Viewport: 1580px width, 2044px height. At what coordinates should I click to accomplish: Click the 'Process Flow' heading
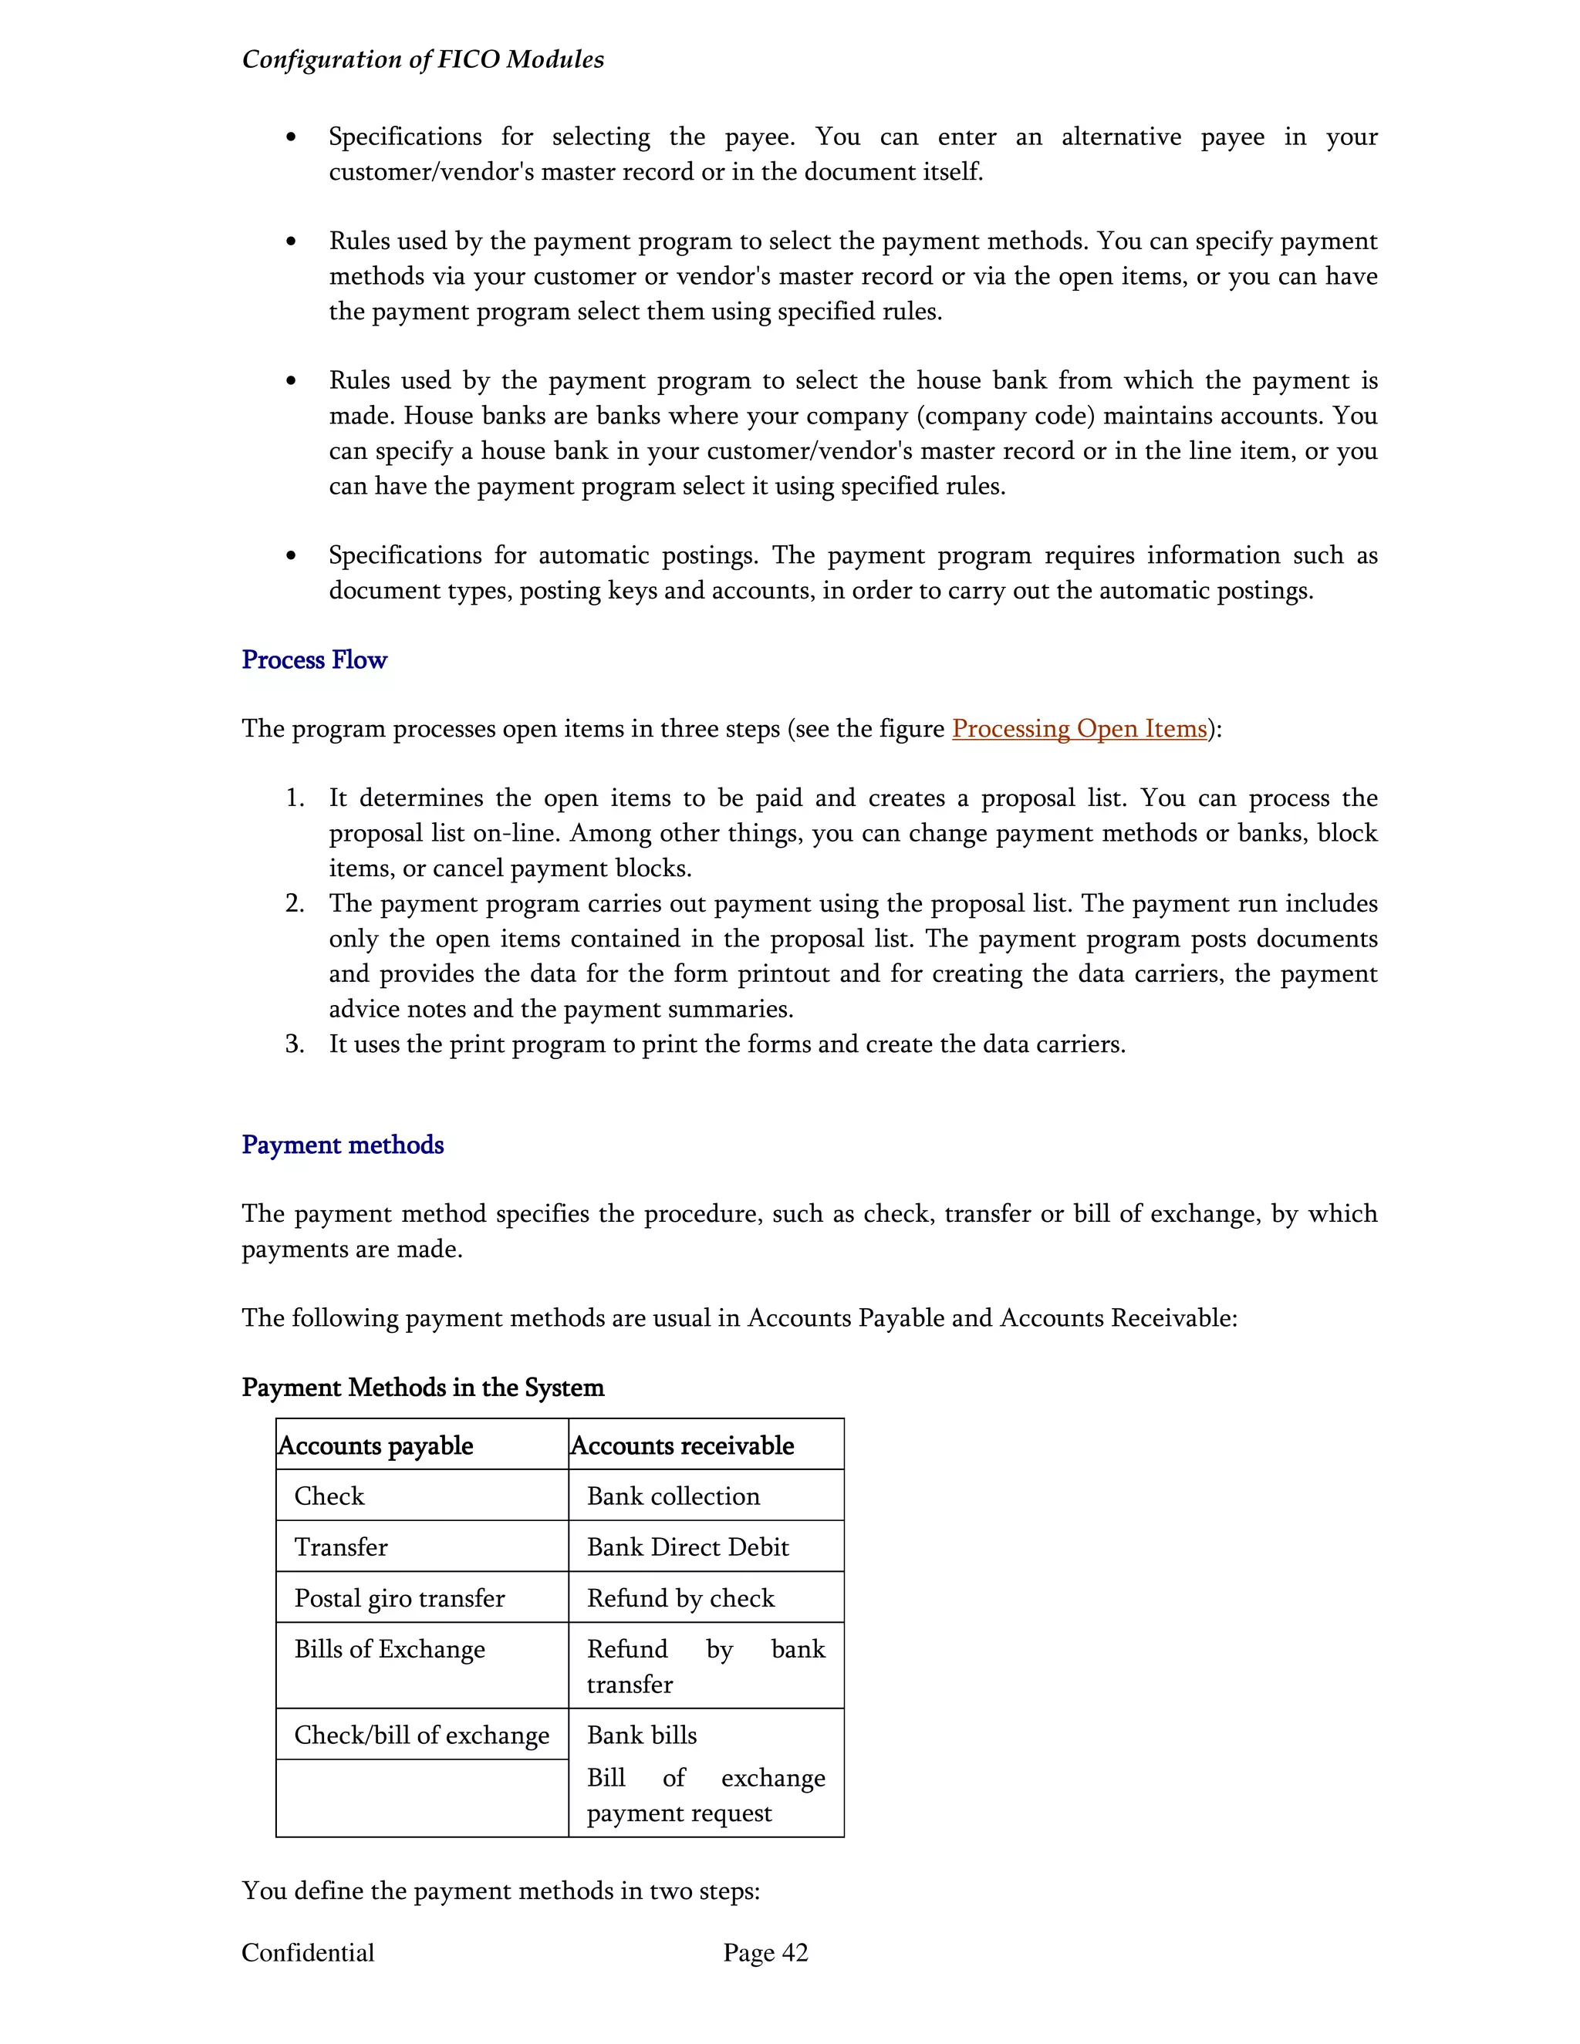pyautogui.click(x=313, y=659)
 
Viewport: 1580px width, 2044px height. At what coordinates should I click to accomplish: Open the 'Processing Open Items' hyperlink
pyautogui.click(x=1079, y=728)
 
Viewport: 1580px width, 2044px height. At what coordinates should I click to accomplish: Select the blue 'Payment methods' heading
pyautogui.click(x=343, y=1145)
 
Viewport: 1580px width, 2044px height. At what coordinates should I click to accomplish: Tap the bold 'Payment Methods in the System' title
pyautogui.click(x=422, y=1387)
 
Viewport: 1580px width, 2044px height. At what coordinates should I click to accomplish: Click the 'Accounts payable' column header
pyautogui.click(x=376, y=1446)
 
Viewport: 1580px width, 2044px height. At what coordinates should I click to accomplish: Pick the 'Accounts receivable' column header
pyautogui.click(x=681, y=1446)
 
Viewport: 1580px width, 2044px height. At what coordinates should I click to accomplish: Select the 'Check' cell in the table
pyautogui.click(x=329, y=1496)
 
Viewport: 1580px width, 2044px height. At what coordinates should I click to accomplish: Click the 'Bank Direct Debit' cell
pyautogui.click(x=687, y=1547)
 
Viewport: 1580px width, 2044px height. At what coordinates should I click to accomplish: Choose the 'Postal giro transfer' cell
pyautogui.click(x=399, y=1598)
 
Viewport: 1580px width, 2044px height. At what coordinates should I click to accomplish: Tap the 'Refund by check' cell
pyautogui.click(x=680, y=1598)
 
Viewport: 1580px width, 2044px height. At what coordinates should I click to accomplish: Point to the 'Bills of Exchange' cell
pyautogui.click(x=390, y=1649)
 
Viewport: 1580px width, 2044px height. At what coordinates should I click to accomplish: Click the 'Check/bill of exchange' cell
pyautogui.click(x=421, y=1735)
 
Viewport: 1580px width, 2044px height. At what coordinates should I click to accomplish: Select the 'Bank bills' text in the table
pyautogui.click(x=641, y=1735)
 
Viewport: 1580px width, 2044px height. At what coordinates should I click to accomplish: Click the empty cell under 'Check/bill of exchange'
pyautogui.click(x=421, y=1798)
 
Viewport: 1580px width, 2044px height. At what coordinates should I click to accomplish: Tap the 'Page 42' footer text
pyautogui.click(x=765, y=1953)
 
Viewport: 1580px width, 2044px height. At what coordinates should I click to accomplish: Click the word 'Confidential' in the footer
pyautogui.click(x=307, y=1953)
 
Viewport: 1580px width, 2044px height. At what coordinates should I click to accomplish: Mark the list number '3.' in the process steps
pyautogui.click(x=295, y=1044)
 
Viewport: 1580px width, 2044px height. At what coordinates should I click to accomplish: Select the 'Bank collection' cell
pyautogui.click(x=672, y=1496)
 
